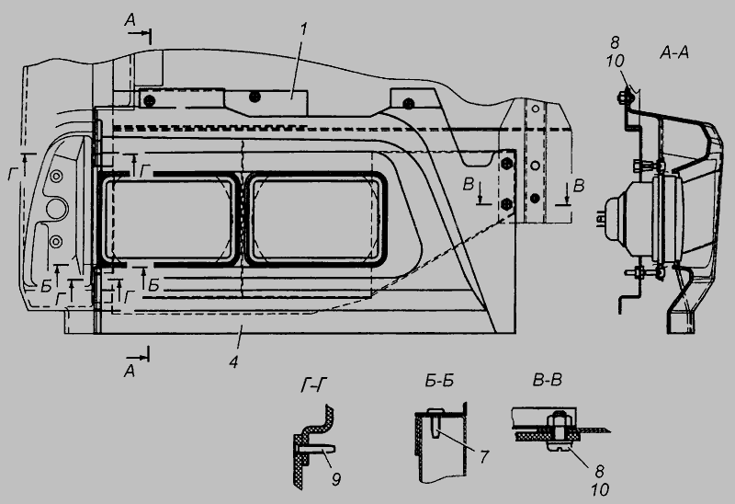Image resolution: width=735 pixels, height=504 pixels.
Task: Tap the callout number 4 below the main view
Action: tap(233, 361)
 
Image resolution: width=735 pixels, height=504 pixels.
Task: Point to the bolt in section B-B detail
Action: tap(557, 429)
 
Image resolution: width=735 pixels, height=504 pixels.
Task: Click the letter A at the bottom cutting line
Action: tap(130, 369)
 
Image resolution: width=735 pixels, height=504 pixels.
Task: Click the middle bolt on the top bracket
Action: tap(254, 97)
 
